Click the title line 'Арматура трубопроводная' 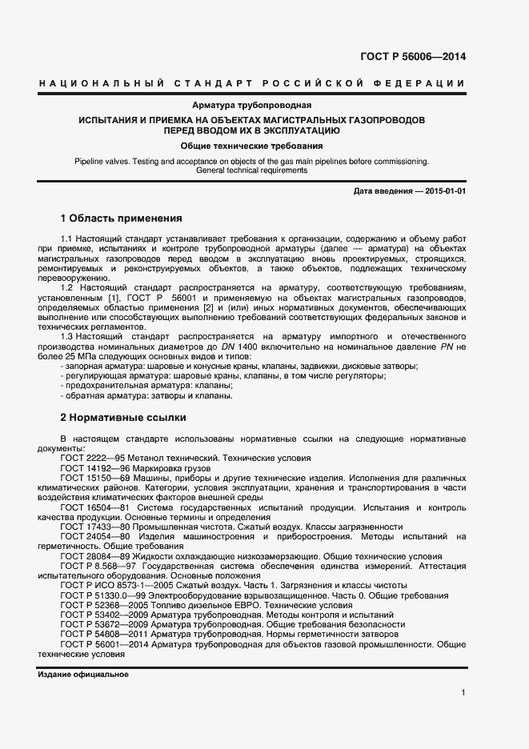(251, 105)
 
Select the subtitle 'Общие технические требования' (251, 146)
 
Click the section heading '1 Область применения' (122, 218)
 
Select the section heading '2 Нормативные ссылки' (123, 417)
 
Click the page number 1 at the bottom (463, 693)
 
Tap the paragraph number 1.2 (67, 286)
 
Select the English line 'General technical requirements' (251, 170)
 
